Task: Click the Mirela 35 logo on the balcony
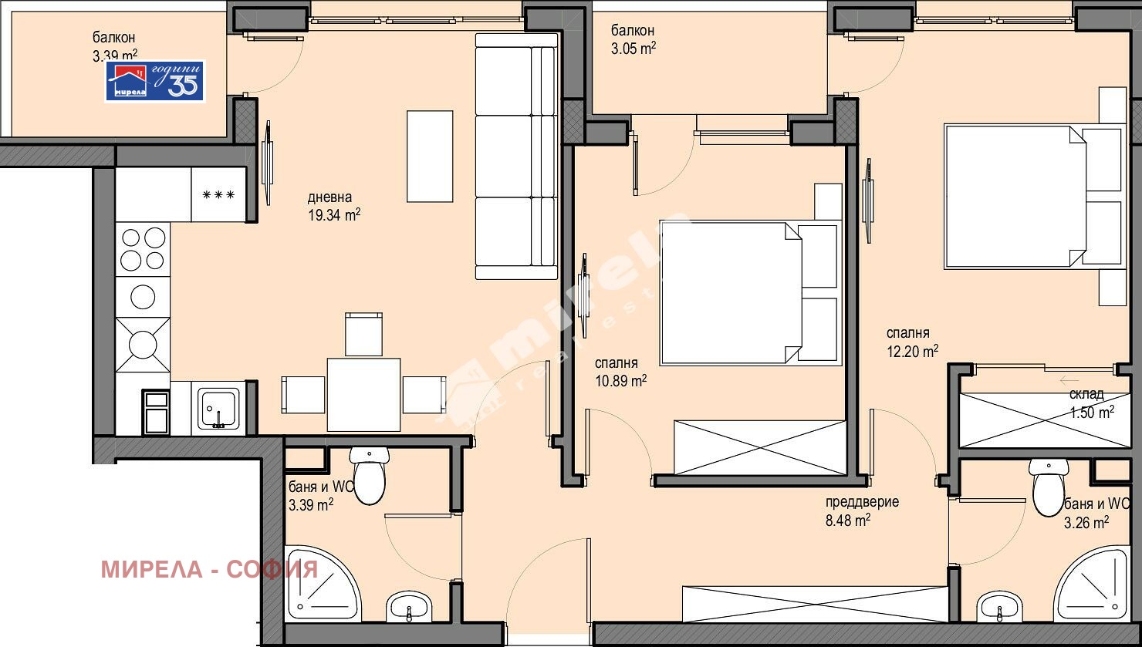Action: point(155,81)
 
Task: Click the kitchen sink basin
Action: point(219,407)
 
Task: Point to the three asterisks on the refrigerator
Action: point(218,195)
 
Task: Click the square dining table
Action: point(363,394)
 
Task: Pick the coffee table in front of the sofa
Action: point(430,156)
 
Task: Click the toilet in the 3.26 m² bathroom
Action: point(1048,489)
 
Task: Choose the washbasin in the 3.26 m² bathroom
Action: point(999,606)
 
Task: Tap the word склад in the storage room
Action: point(1086,394)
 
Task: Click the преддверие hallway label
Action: point(862,502)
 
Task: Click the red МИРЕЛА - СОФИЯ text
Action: point(209,569)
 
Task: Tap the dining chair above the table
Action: point(363,333)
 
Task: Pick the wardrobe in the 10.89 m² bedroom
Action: point(759,447)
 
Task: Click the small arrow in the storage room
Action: point(1069,379)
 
